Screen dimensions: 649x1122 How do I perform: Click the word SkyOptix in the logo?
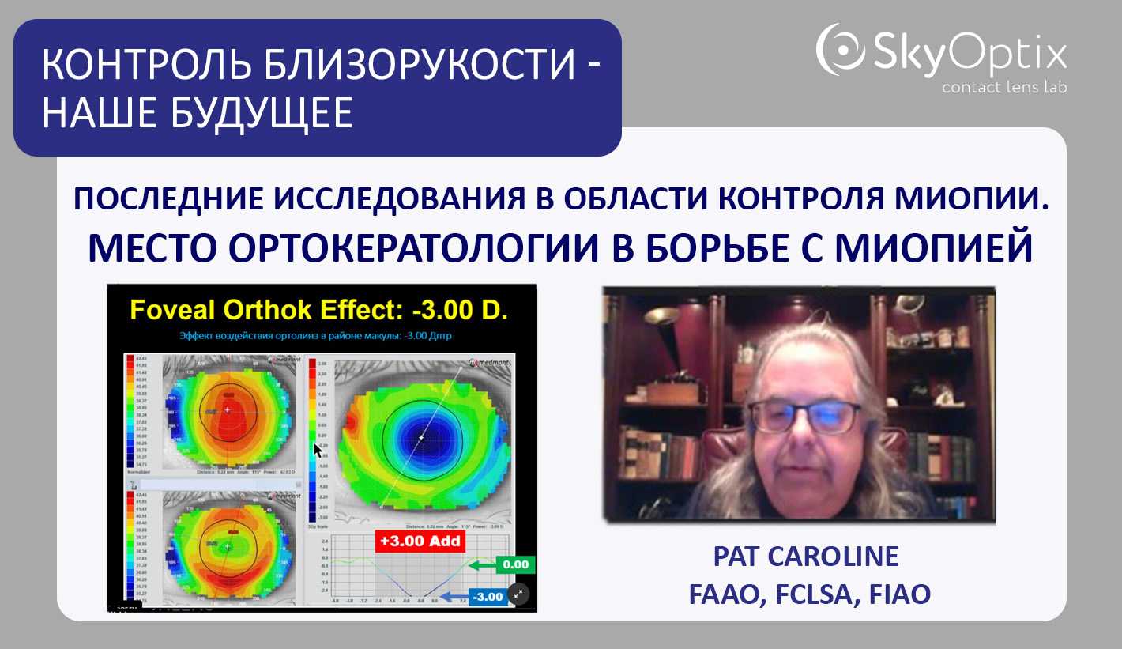click(970, 54)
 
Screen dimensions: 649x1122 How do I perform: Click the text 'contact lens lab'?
click(1003, 87)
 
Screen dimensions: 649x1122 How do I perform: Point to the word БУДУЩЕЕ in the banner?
click(272, 113)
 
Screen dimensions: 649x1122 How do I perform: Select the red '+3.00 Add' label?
click(420, 541)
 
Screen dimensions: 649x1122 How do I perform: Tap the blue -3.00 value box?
click(487, 597)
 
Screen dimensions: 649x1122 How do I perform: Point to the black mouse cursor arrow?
click(318, 450)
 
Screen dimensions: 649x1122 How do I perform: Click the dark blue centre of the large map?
click(421, 437)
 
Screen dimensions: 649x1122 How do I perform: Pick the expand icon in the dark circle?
click(518, 593)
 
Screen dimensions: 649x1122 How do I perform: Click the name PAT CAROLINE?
click(806, 557)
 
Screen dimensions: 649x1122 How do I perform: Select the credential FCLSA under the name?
click(810, 594)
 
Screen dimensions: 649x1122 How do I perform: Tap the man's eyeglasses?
click(804, 416)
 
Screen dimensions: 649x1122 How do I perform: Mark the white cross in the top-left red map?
click(228, 410)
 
